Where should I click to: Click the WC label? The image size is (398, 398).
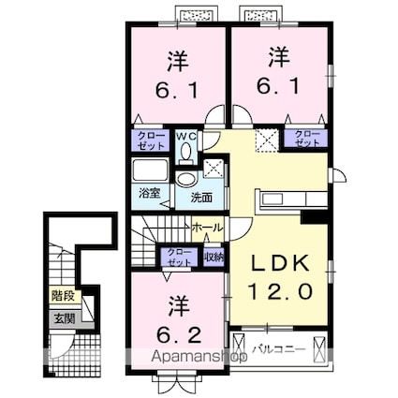(x=186, y=137)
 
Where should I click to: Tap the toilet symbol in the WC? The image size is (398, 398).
(x=186, y=153)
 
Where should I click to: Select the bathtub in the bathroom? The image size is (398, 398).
(x=150, y=170)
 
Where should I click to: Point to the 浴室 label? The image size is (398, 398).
(x=150, y=194)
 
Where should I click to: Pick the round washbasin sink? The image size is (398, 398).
(x=186, y=180)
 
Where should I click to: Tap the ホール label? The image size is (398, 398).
(x=208, y=228)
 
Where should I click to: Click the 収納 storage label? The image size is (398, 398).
(x=214, y=257)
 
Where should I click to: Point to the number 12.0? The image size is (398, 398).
(x=280, y=291)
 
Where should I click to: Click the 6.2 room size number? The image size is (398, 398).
(x=178, y=335)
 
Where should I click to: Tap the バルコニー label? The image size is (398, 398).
(x=279, y=349)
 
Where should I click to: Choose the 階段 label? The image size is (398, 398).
(x=65, y=296)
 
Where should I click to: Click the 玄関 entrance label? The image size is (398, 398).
(x=65, y=318)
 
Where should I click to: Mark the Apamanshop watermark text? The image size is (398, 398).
(x=199, y=357)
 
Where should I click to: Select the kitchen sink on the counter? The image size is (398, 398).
(x=273, y=199)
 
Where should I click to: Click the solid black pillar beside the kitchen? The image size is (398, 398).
(x=314, y=217)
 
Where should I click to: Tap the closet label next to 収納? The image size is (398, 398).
(x=179, y=258)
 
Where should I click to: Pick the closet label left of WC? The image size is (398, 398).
(x=151, y=140)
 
